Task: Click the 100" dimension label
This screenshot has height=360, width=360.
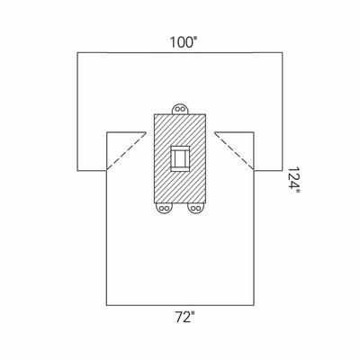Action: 184,42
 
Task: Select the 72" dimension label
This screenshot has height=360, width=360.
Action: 184,318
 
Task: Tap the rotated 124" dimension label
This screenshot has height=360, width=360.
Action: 294,181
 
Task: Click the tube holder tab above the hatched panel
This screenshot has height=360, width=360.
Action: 180,109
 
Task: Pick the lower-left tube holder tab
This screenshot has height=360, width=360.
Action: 164,208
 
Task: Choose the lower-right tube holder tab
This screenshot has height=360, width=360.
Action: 195,208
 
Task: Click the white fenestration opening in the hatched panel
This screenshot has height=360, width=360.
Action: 180,158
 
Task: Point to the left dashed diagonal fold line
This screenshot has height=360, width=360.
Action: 126,151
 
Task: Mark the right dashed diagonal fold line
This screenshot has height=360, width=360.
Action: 234,151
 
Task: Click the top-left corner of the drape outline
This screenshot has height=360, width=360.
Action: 77,53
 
